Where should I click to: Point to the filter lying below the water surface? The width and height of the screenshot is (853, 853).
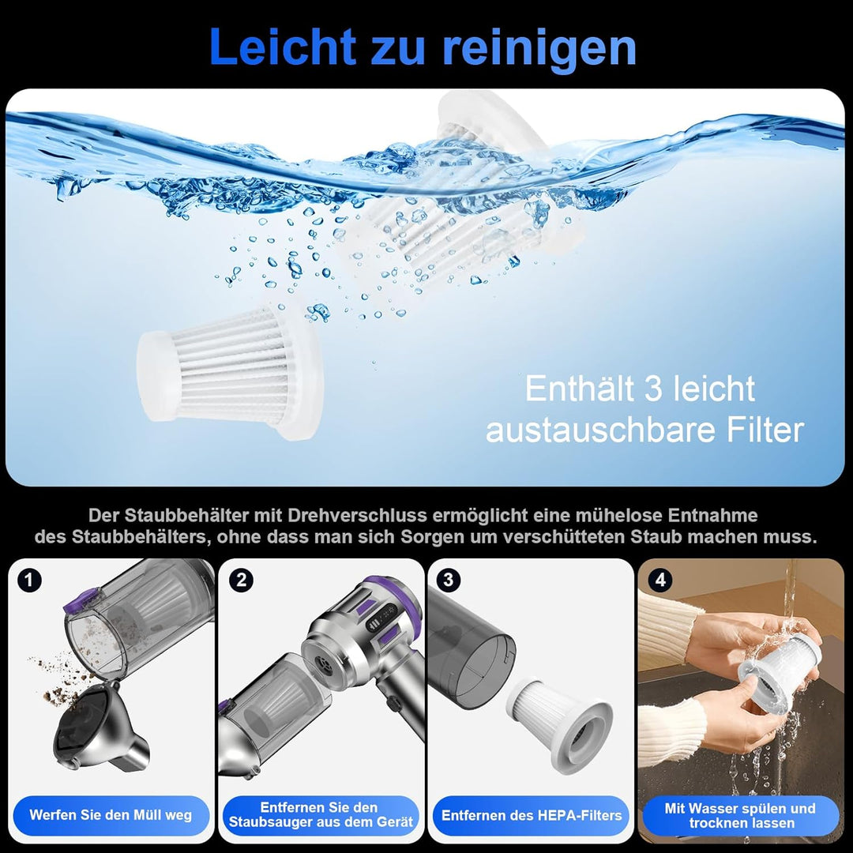[229, 364]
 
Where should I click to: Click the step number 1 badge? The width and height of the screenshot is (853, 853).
[29, 581]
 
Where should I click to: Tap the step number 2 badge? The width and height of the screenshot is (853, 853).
[241, 581]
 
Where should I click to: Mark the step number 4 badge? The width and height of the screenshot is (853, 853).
[660, 581]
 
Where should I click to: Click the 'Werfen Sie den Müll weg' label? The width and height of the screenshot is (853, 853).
[111, 815]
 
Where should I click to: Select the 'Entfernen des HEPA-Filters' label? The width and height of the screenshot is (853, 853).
[532, 815]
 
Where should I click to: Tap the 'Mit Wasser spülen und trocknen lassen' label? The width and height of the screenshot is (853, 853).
[740, 815]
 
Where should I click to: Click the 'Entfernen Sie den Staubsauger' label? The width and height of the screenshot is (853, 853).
[321, 815]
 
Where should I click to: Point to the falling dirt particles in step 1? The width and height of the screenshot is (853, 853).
[55, 679]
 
